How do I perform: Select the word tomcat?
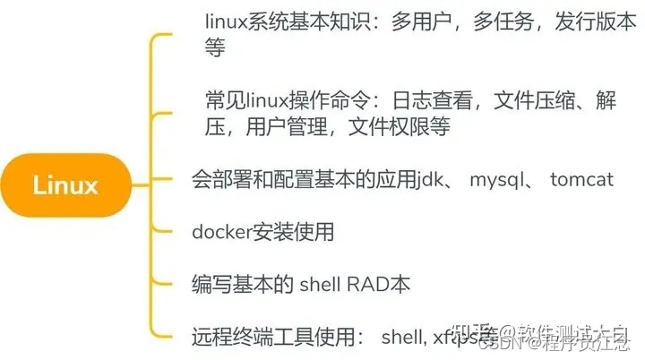[x=581, y=179]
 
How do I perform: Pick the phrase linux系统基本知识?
[x=291, y=19]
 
